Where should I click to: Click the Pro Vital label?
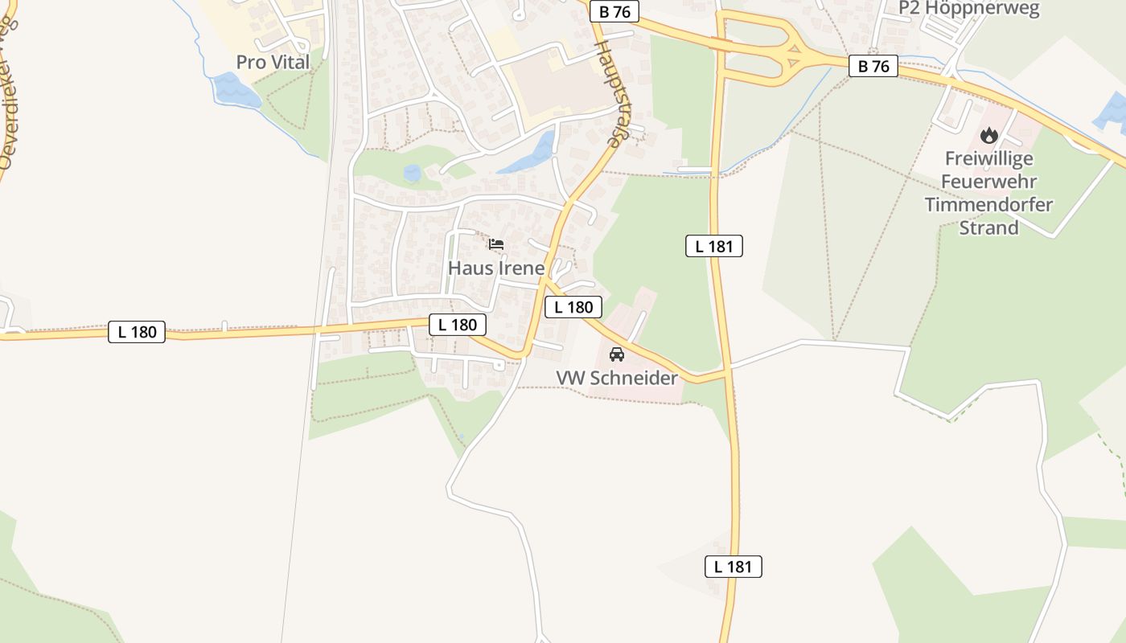click(273, 62)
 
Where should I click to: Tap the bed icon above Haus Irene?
click(496, 244)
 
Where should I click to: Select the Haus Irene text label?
click(496, 268)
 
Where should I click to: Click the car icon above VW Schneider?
click(617, 354)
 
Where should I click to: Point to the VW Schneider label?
click(617, 378)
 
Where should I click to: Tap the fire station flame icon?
click(988, 135)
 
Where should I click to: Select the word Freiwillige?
click(988, 158)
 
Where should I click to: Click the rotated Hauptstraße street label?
click(609, 92)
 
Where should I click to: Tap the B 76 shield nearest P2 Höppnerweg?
click(873, 67)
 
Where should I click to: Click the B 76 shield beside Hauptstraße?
click(614, 12)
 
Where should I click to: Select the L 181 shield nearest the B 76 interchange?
click(714, 247)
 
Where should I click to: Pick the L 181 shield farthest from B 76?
click(734, 567)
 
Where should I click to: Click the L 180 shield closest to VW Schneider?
click(573, 307)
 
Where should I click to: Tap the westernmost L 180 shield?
click(137, 332)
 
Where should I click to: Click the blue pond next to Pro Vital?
click(236, 90)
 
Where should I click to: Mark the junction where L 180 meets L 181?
click(729, 371)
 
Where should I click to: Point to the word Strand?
click(988, 227)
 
